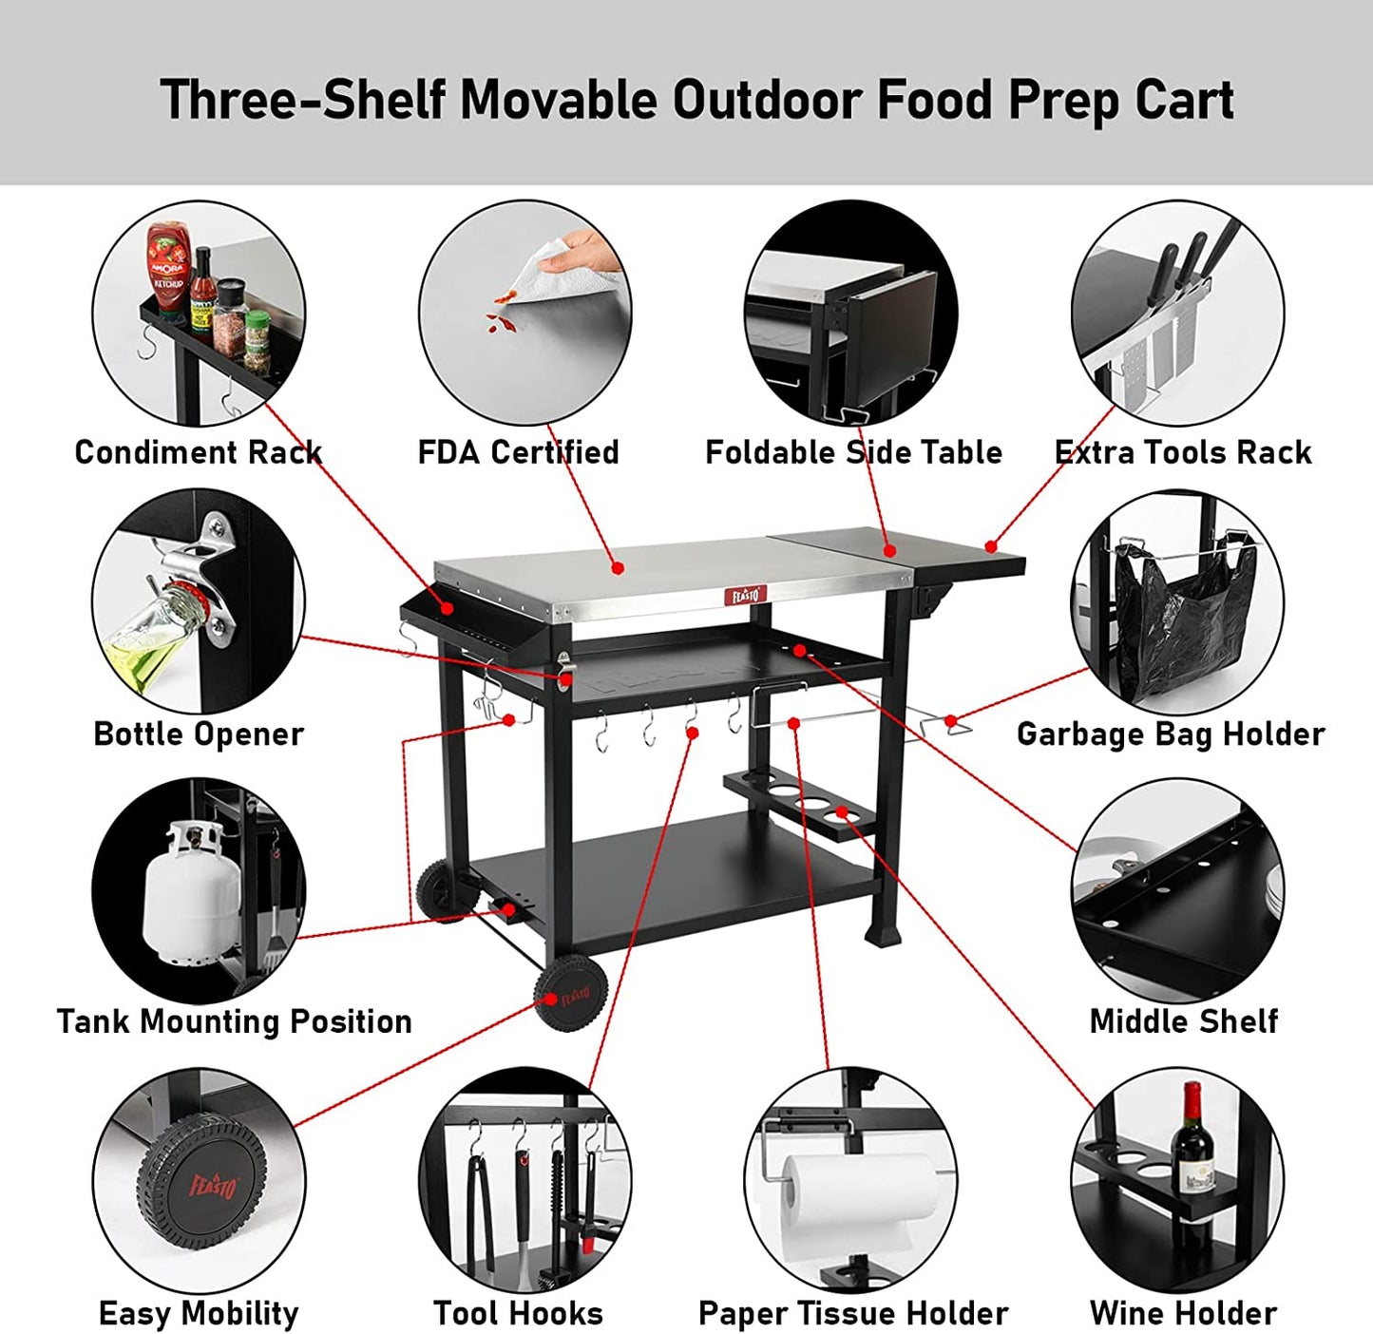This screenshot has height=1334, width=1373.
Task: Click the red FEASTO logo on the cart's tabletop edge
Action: tap(745, 595)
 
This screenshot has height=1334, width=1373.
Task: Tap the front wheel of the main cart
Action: tap(571, 994)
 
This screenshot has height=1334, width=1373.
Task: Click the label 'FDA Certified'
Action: tap(518, 452)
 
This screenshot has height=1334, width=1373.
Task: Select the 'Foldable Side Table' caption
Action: tap(852, 452)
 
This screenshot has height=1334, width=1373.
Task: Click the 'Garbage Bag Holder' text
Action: tap(1170, 734)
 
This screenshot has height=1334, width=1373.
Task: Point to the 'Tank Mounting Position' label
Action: tap(234, 1021)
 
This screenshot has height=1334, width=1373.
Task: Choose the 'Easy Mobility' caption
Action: tap(199, 1313)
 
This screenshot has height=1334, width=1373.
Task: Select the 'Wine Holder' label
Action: tap(1183, 1313)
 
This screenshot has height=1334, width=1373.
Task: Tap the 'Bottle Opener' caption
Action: tap(199, 734)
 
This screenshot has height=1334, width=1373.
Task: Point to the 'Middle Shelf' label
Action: tap(1183, 1021)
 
